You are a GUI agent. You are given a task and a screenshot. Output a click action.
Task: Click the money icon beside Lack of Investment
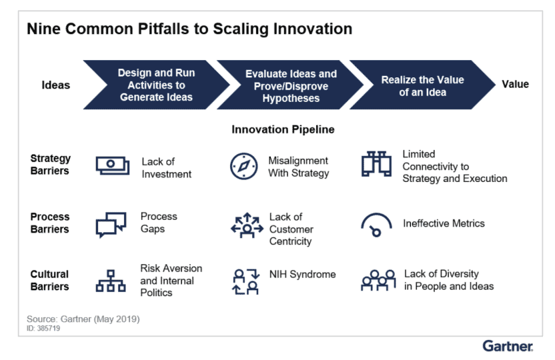pos(113,165)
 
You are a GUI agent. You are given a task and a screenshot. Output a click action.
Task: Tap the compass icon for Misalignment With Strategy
pos(244,166)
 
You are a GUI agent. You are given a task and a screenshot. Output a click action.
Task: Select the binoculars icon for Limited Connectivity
pos(376,164)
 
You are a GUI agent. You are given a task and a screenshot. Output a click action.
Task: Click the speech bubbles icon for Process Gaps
pos(111,225)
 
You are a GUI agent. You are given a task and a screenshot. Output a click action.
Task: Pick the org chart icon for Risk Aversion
pos(111,281)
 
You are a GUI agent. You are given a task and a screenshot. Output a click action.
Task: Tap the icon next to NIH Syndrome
pos(246,281)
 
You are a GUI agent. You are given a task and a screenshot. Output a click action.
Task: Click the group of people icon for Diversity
pos(378,281)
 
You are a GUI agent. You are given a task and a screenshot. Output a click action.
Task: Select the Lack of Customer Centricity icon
pos(247,225)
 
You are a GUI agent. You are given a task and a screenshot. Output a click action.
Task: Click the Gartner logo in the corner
pos(508,346)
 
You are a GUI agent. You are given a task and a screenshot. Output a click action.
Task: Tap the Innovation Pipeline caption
pos(283,129)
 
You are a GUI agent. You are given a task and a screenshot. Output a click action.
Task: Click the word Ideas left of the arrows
pos(56,85)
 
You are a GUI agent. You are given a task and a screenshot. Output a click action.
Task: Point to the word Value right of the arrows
pos(516,84)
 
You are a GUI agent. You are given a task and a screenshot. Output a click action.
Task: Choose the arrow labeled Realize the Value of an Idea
pos(423,85)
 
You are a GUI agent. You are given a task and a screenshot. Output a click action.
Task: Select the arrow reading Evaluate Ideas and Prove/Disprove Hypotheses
pos(291,85)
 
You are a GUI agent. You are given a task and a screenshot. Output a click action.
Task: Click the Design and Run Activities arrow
pos(157,85)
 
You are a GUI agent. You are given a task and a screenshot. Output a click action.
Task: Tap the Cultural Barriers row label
pos(49,281)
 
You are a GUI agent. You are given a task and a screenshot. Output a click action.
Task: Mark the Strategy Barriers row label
pos(50,165)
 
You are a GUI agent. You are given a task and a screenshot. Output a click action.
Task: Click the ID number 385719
pos(49,328)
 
